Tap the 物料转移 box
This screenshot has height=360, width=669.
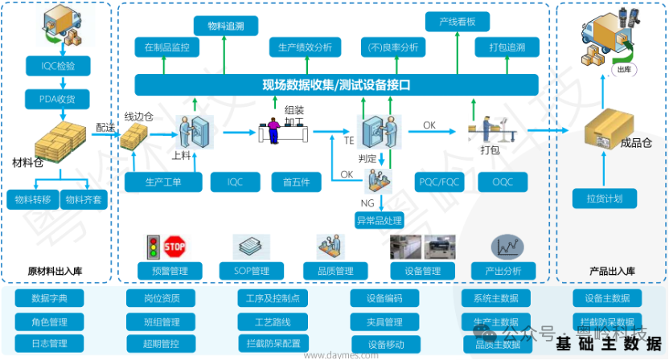pos(31,199)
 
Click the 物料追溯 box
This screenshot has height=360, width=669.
pos(226,27)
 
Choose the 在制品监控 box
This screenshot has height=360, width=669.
pos(167,47)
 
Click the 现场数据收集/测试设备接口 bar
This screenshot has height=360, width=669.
pos(336,84)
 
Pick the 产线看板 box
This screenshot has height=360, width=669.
pos(458,22)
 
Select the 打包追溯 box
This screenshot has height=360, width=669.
pos(507,47)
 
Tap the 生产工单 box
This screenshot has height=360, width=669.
pos(164,182)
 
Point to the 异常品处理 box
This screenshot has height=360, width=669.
pos(380,219)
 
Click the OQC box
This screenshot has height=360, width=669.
pos(508,182)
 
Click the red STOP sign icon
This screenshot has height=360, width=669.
pos(176,245)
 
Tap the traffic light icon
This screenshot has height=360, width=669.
pos(151,247)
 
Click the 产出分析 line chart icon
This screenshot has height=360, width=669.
pos(508,246)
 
